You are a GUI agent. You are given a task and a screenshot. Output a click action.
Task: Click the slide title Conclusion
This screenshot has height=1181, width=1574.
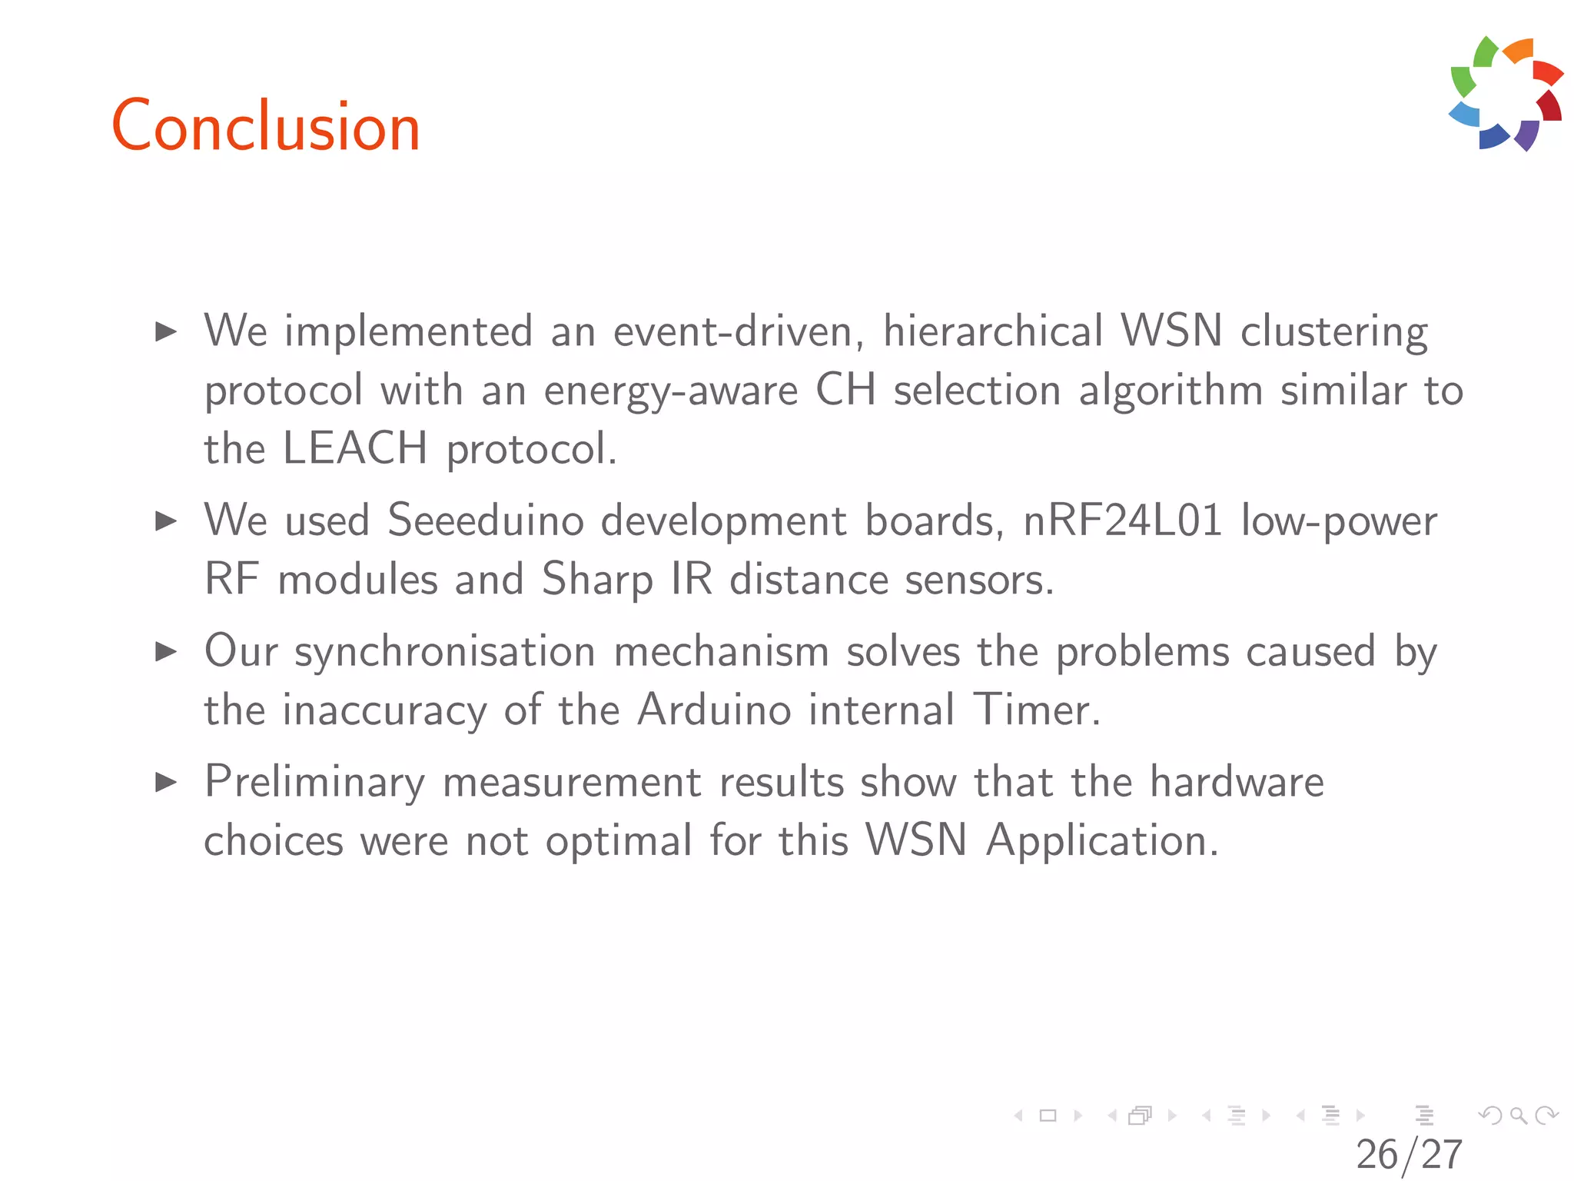tap(266, 126)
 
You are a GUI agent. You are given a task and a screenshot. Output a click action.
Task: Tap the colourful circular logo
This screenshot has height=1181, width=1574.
tap(1506, 93)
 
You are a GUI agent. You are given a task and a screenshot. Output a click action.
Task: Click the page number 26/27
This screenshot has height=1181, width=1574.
tap(1409, 1154)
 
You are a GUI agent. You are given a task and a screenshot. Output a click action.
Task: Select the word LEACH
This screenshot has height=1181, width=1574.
tap(354, 447)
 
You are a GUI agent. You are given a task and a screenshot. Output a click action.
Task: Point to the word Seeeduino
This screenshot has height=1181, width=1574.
tap(486, 521)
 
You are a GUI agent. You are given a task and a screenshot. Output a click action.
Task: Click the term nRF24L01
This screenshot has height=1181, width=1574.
tap(1123, 521)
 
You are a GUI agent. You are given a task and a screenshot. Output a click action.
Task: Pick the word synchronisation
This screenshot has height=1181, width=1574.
tap(445, 652)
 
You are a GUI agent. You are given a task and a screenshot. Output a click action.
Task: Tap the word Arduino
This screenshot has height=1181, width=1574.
tap(714, 709)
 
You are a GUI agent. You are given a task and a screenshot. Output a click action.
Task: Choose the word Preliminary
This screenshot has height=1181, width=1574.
tap(314, 783)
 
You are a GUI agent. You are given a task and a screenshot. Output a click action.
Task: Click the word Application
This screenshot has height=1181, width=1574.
tap(1102, 840)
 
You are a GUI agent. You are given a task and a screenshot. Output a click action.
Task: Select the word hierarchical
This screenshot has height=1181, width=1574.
tap(994, 331)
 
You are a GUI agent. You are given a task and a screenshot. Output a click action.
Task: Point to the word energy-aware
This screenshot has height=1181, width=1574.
tap(671, 391)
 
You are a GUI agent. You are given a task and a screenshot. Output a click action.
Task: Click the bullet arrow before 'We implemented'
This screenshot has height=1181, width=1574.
tap(166, 332)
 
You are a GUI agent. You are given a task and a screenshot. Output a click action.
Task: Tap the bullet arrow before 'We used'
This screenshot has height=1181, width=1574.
tap(166, 521)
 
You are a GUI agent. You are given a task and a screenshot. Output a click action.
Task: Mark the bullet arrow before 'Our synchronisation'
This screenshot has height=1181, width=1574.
tap(166, 652)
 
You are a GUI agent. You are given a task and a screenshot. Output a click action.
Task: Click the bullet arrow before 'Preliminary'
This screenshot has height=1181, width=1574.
tap(166, 783)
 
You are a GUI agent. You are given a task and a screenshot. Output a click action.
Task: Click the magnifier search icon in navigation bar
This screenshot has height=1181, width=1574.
tap(1518, 1115)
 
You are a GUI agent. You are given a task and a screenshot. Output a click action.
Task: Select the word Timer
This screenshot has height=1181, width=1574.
tap(1037, 709)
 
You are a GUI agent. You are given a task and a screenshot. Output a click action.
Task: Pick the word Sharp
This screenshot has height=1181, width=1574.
tap(597, 580)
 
